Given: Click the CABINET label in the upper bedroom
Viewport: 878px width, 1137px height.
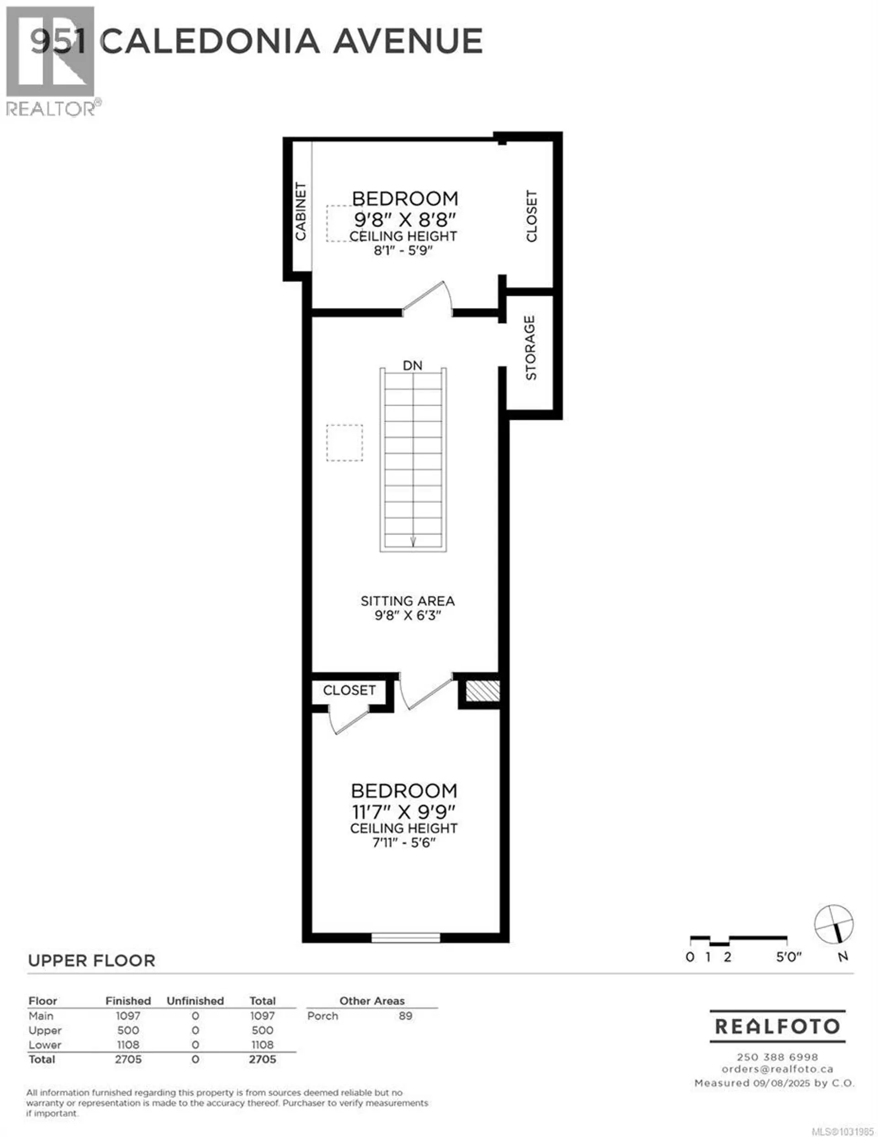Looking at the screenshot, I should click(x=301, y=211).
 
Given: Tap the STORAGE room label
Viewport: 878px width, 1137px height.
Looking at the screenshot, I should click(x=530, y=348).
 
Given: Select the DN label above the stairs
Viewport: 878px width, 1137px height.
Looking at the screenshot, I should click(x=412, y=366).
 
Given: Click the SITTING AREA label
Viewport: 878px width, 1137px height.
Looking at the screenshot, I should click(x=407, y=601).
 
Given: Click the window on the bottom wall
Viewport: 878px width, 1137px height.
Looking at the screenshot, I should click(x=406, y=937).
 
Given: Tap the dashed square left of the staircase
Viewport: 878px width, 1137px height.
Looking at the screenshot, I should click(x=344, y=442).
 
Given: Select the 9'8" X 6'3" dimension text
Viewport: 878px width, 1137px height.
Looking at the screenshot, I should click(x=407, y=615).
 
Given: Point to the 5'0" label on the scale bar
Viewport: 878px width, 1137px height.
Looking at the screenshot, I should click(x=788, y=956).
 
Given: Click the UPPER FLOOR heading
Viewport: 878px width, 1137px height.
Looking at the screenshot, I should click(x=91, y=960).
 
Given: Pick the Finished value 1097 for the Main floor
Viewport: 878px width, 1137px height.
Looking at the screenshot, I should click(x=128, y=1016).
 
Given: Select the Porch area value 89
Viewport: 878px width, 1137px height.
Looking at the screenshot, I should click(x=406, y=1016).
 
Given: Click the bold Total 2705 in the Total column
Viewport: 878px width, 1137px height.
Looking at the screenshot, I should click(x=262, y=1059).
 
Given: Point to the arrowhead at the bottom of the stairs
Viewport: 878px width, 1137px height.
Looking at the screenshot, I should click(x=413, y=542).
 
